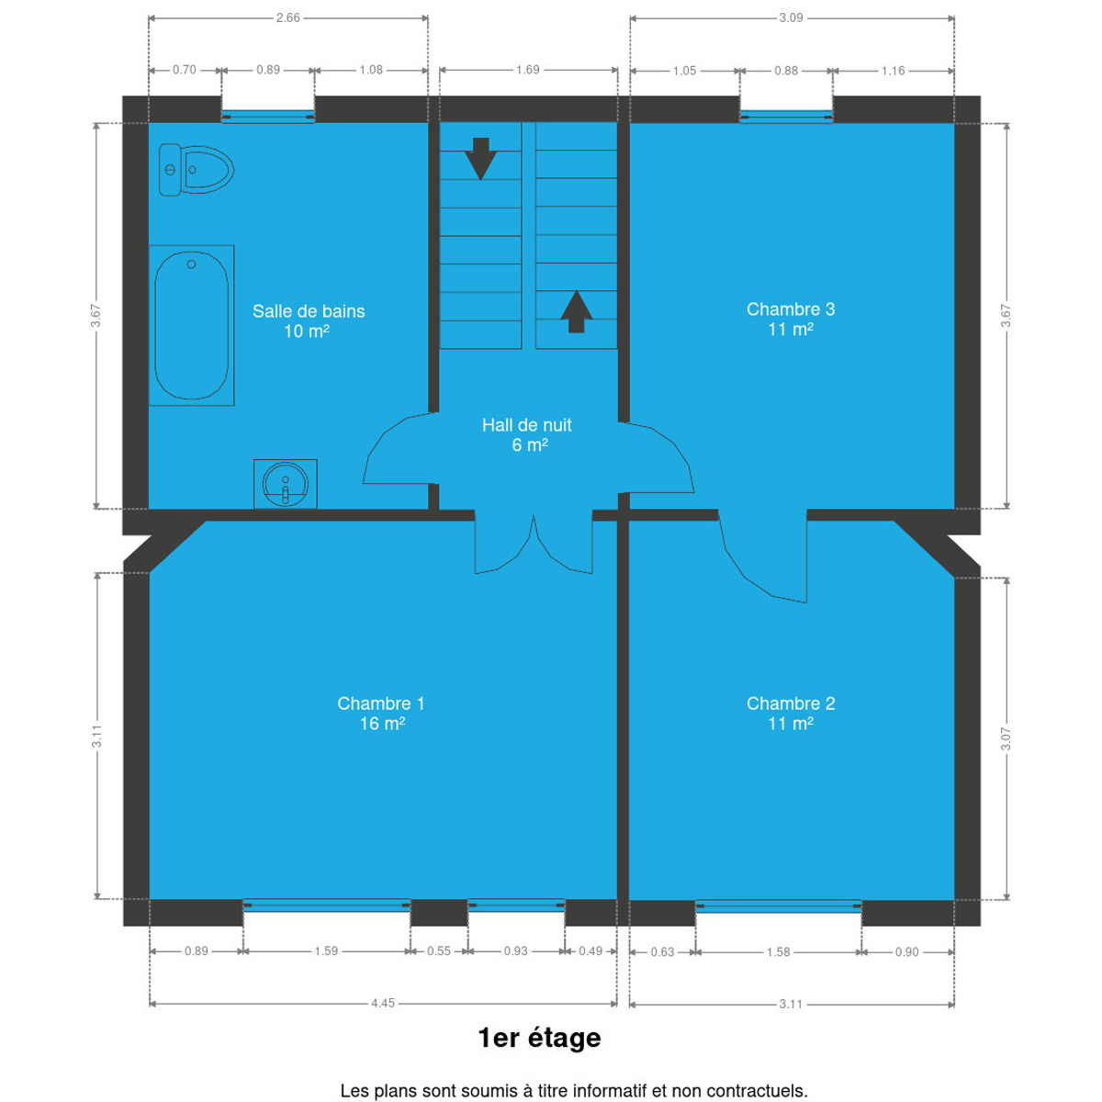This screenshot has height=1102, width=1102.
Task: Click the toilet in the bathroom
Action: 197,170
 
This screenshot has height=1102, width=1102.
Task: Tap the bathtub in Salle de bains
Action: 192,325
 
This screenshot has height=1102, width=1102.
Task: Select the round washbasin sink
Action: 286,484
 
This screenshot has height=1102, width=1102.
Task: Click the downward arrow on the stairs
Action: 480,158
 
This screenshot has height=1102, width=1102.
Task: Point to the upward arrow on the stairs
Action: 576,311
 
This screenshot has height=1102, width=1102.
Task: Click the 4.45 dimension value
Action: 383,1003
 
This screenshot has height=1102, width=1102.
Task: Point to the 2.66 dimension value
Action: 287,17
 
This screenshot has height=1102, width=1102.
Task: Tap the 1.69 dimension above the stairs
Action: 527,70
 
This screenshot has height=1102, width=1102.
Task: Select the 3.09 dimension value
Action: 791,17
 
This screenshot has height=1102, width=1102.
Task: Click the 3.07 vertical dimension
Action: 1006,739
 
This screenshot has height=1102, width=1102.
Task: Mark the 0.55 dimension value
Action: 439,951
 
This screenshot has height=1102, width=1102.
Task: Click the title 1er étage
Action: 539,1038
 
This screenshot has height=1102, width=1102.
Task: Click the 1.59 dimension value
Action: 326,951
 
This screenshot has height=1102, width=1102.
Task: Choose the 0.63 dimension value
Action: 662,952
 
